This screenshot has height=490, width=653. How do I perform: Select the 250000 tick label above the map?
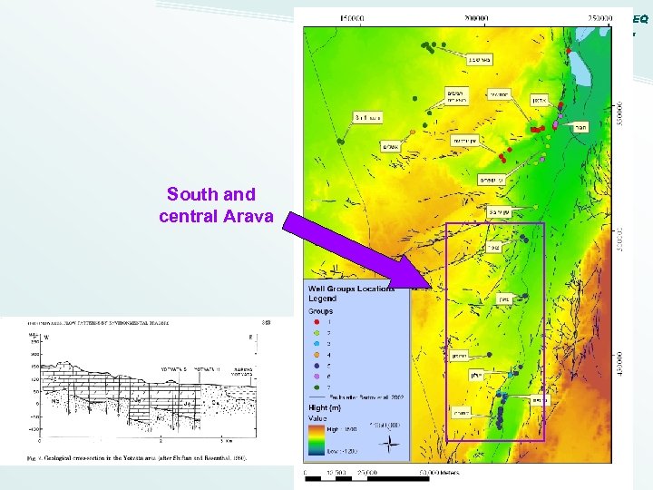tap(599, 16)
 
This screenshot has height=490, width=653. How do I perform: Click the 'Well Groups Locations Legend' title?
tap(351, 294)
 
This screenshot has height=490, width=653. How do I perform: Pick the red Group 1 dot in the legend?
tap(315, 320)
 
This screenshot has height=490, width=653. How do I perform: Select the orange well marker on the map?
tap(412, 132)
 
